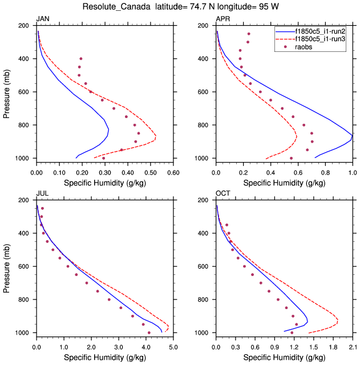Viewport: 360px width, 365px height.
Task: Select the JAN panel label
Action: coord(43,19)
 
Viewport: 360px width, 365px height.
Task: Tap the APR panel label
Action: coord(223,19)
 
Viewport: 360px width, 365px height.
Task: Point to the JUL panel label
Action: coord(42,194)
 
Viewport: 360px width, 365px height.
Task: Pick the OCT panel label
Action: coord(223,194)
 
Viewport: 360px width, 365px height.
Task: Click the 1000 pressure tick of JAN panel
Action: coord(25,158)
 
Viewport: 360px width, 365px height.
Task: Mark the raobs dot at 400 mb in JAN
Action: coord(81,59)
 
